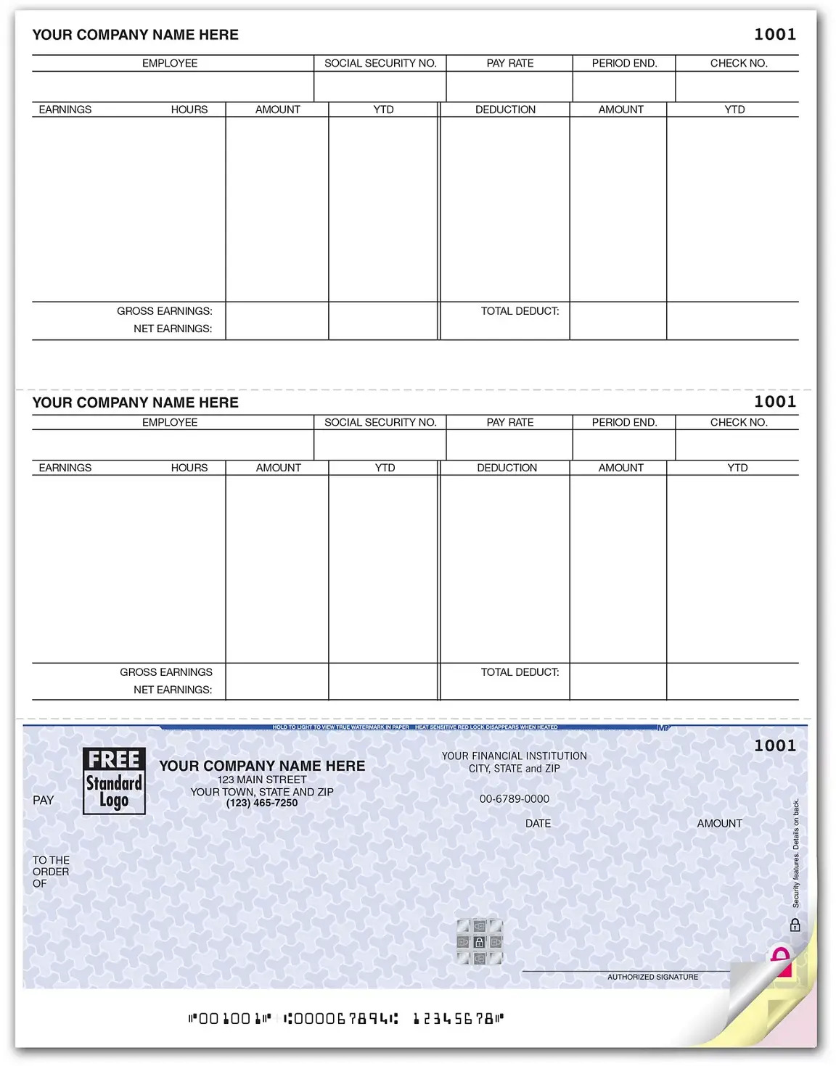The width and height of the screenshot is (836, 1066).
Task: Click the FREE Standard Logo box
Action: (114, 781)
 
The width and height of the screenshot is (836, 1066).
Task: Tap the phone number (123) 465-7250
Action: (262, 803)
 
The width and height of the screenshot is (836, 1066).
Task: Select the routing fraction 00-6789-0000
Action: (514, 799)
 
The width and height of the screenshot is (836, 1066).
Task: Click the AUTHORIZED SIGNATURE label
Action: (652, 978)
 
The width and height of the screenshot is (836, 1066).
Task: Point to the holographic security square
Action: (479, 942)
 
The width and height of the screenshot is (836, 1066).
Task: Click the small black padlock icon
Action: (795, 925)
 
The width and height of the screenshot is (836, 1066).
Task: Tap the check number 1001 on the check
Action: (775, 745)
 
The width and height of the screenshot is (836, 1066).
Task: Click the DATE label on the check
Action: (538, 824)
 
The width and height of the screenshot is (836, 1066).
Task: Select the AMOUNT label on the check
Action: (719, 824)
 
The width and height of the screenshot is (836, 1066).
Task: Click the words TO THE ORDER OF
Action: (51, 872)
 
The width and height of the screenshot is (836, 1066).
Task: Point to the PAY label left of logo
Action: (44, 801)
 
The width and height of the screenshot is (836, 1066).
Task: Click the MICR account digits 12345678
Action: (457, 1019)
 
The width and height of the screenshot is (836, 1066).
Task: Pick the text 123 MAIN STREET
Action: (262, 780)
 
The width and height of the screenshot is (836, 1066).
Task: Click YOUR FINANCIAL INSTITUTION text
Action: (514, 756)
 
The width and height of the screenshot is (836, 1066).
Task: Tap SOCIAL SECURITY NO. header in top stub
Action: (380, 63)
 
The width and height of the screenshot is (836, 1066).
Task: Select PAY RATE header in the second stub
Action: (509, 422)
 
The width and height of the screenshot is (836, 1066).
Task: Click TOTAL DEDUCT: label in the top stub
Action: (520, 311)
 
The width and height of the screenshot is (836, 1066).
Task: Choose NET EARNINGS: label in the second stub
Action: (173, 690)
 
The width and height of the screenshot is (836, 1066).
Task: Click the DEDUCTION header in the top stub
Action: (505, 110)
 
